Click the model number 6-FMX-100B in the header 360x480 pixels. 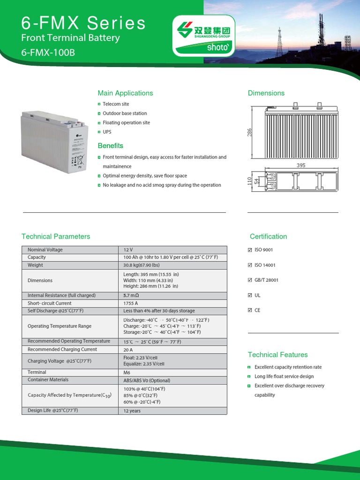48,52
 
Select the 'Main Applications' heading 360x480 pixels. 125,93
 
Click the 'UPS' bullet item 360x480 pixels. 107,132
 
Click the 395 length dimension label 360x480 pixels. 300,165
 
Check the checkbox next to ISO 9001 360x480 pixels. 249,250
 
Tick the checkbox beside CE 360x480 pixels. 249,310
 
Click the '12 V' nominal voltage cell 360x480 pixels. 128,250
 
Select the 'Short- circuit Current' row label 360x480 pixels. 49,303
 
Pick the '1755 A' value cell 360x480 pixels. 131,303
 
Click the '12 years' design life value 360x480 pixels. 132,411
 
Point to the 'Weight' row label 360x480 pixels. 35,265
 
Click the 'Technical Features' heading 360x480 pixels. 277,355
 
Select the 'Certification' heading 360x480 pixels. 268,237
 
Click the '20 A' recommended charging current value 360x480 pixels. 128,350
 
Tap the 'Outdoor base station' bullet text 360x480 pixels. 125,113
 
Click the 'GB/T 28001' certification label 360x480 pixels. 266,280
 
